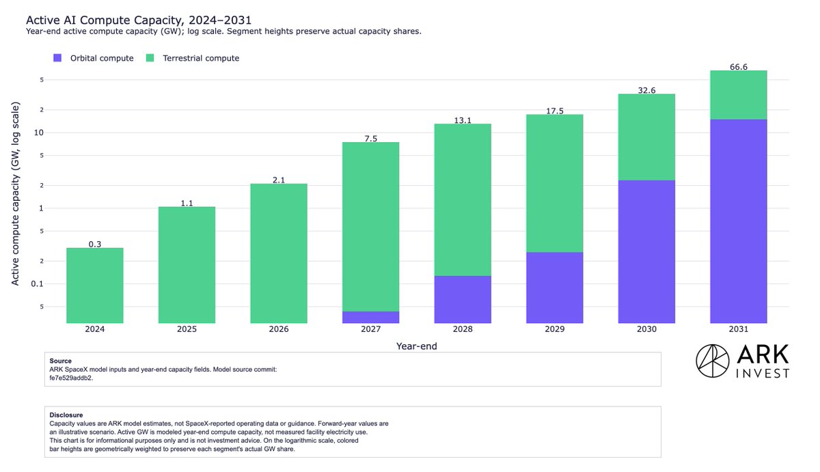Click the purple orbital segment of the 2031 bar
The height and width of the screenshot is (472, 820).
(x=739, y=221)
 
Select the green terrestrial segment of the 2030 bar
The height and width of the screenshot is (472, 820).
(x=646, y=137)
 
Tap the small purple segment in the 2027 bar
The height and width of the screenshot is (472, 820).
(x=370, y=317)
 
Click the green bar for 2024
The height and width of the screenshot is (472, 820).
(x=95, y=286)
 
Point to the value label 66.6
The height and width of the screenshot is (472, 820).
(x=739, y=67)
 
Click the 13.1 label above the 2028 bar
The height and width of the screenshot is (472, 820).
(x=463, y=120)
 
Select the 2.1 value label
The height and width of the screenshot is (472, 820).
(x=279, y=180)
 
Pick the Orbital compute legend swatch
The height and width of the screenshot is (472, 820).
(x=57, y=58)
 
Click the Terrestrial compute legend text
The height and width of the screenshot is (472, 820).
(x=201, y=58)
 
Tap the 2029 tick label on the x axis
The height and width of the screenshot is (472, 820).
(x=555, y=329)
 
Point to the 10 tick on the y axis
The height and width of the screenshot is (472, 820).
(x=39, y=133)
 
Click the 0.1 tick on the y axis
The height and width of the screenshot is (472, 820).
(x=38, y=284)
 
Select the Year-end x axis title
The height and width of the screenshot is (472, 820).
(x=417, y=346)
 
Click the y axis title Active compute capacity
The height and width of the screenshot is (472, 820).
(x=15, y=193)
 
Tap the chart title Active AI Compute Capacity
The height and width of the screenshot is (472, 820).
(x=139, y=20)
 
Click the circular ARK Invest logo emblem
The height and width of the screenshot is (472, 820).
(x=712, y=361)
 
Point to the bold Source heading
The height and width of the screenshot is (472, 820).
(x=60, y=361)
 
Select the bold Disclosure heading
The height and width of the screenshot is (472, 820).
(x=66, y=415)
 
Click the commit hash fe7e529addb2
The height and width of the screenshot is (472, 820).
(x=71, y=378)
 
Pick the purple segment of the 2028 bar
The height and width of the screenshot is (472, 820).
(x=463, y=299)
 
